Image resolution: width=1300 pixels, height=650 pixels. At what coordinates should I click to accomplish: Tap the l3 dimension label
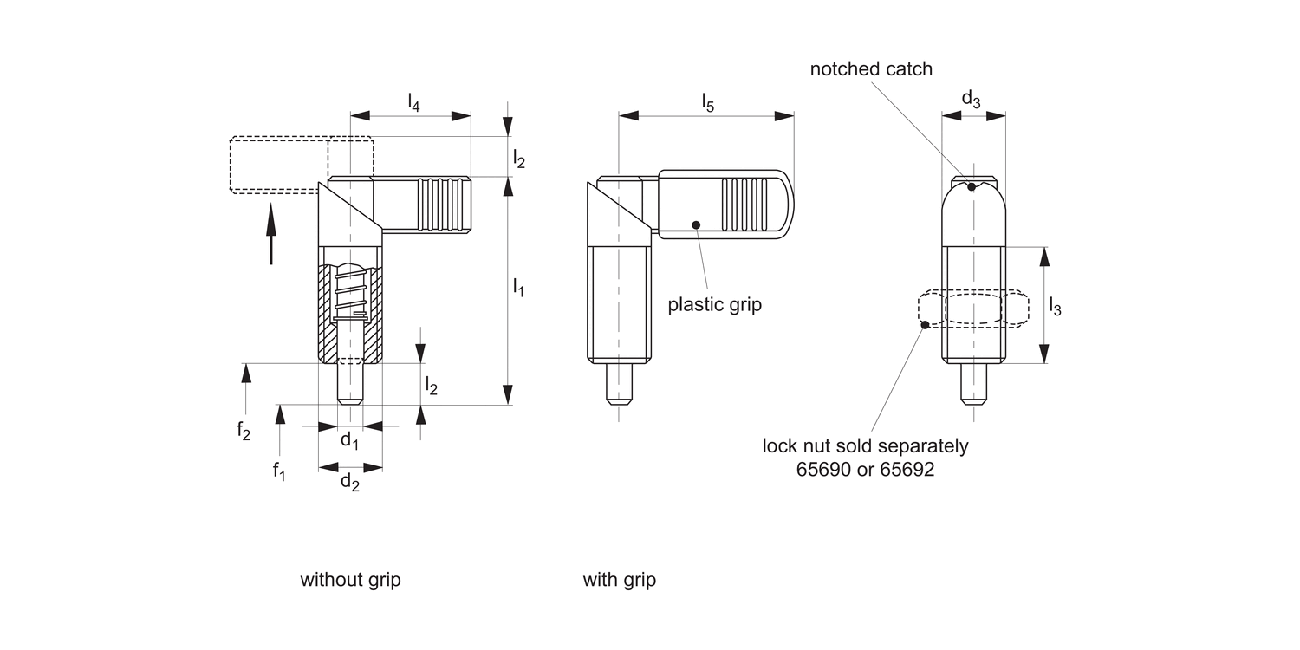(x=1055, y=306)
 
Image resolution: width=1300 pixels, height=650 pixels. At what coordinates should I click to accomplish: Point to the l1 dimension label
(x=518, y=288)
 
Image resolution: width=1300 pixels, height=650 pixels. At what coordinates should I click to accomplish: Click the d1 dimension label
(x=349, y=441)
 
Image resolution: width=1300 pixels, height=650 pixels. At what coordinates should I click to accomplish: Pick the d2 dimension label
(x=349, y=483)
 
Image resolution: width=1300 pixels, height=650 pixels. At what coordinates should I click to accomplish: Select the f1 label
(x=278, y=471)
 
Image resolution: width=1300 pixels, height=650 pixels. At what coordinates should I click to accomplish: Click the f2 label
(x=244, y=430)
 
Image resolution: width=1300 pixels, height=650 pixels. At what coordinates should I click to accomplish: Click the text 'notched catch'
(x=871, y=69)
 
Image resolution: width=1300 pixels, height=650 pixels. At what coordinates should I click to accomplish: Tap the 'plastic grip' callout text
(x=714, y=305)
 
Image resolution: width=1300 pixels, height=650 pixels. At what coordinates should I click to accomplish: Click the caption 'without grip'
(x=350, y=580)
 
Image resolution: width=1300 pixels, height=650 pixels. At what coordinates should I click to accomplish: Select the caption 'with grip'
(x=619, y=580)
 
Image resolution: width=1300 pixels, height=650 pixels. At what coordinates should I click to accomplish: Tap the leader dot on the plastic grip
(x=696, y=224)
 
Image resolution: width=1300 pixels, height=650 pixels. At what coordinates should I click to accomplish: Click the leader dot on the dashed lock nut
(x=925, y=325)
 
